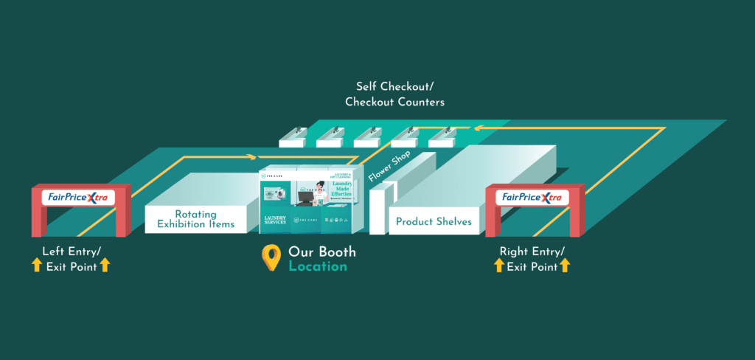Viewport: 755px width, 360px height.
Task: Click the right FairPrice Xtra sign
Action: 532,198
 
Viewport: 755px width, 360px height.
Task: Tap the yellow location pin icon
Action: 272,257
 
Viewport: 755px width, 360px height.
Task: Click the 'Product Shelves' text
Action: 434,221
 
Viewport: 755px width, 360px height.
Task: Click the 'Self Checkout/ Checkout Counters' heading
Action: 395,94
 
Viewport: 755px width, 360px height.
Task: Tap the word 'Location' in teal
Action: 317,266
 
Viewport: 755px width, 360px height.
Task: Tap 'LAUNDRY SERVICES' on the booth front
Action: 275,221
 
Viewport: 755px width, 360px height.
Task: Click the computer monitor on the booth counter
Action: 303,195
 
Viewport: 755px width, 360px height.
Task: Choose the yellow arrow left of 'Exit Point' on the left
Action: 36,266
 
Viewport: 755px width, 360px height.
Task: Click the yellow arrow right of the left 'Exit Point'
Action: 105,266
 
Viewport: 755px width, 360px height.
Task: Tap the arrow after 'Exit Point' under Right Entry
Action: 565,266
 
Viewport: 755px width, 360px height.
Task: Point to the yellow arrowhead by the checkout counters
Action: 477,128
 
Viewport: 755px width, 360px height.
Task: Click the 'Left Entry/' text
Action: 72,251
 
